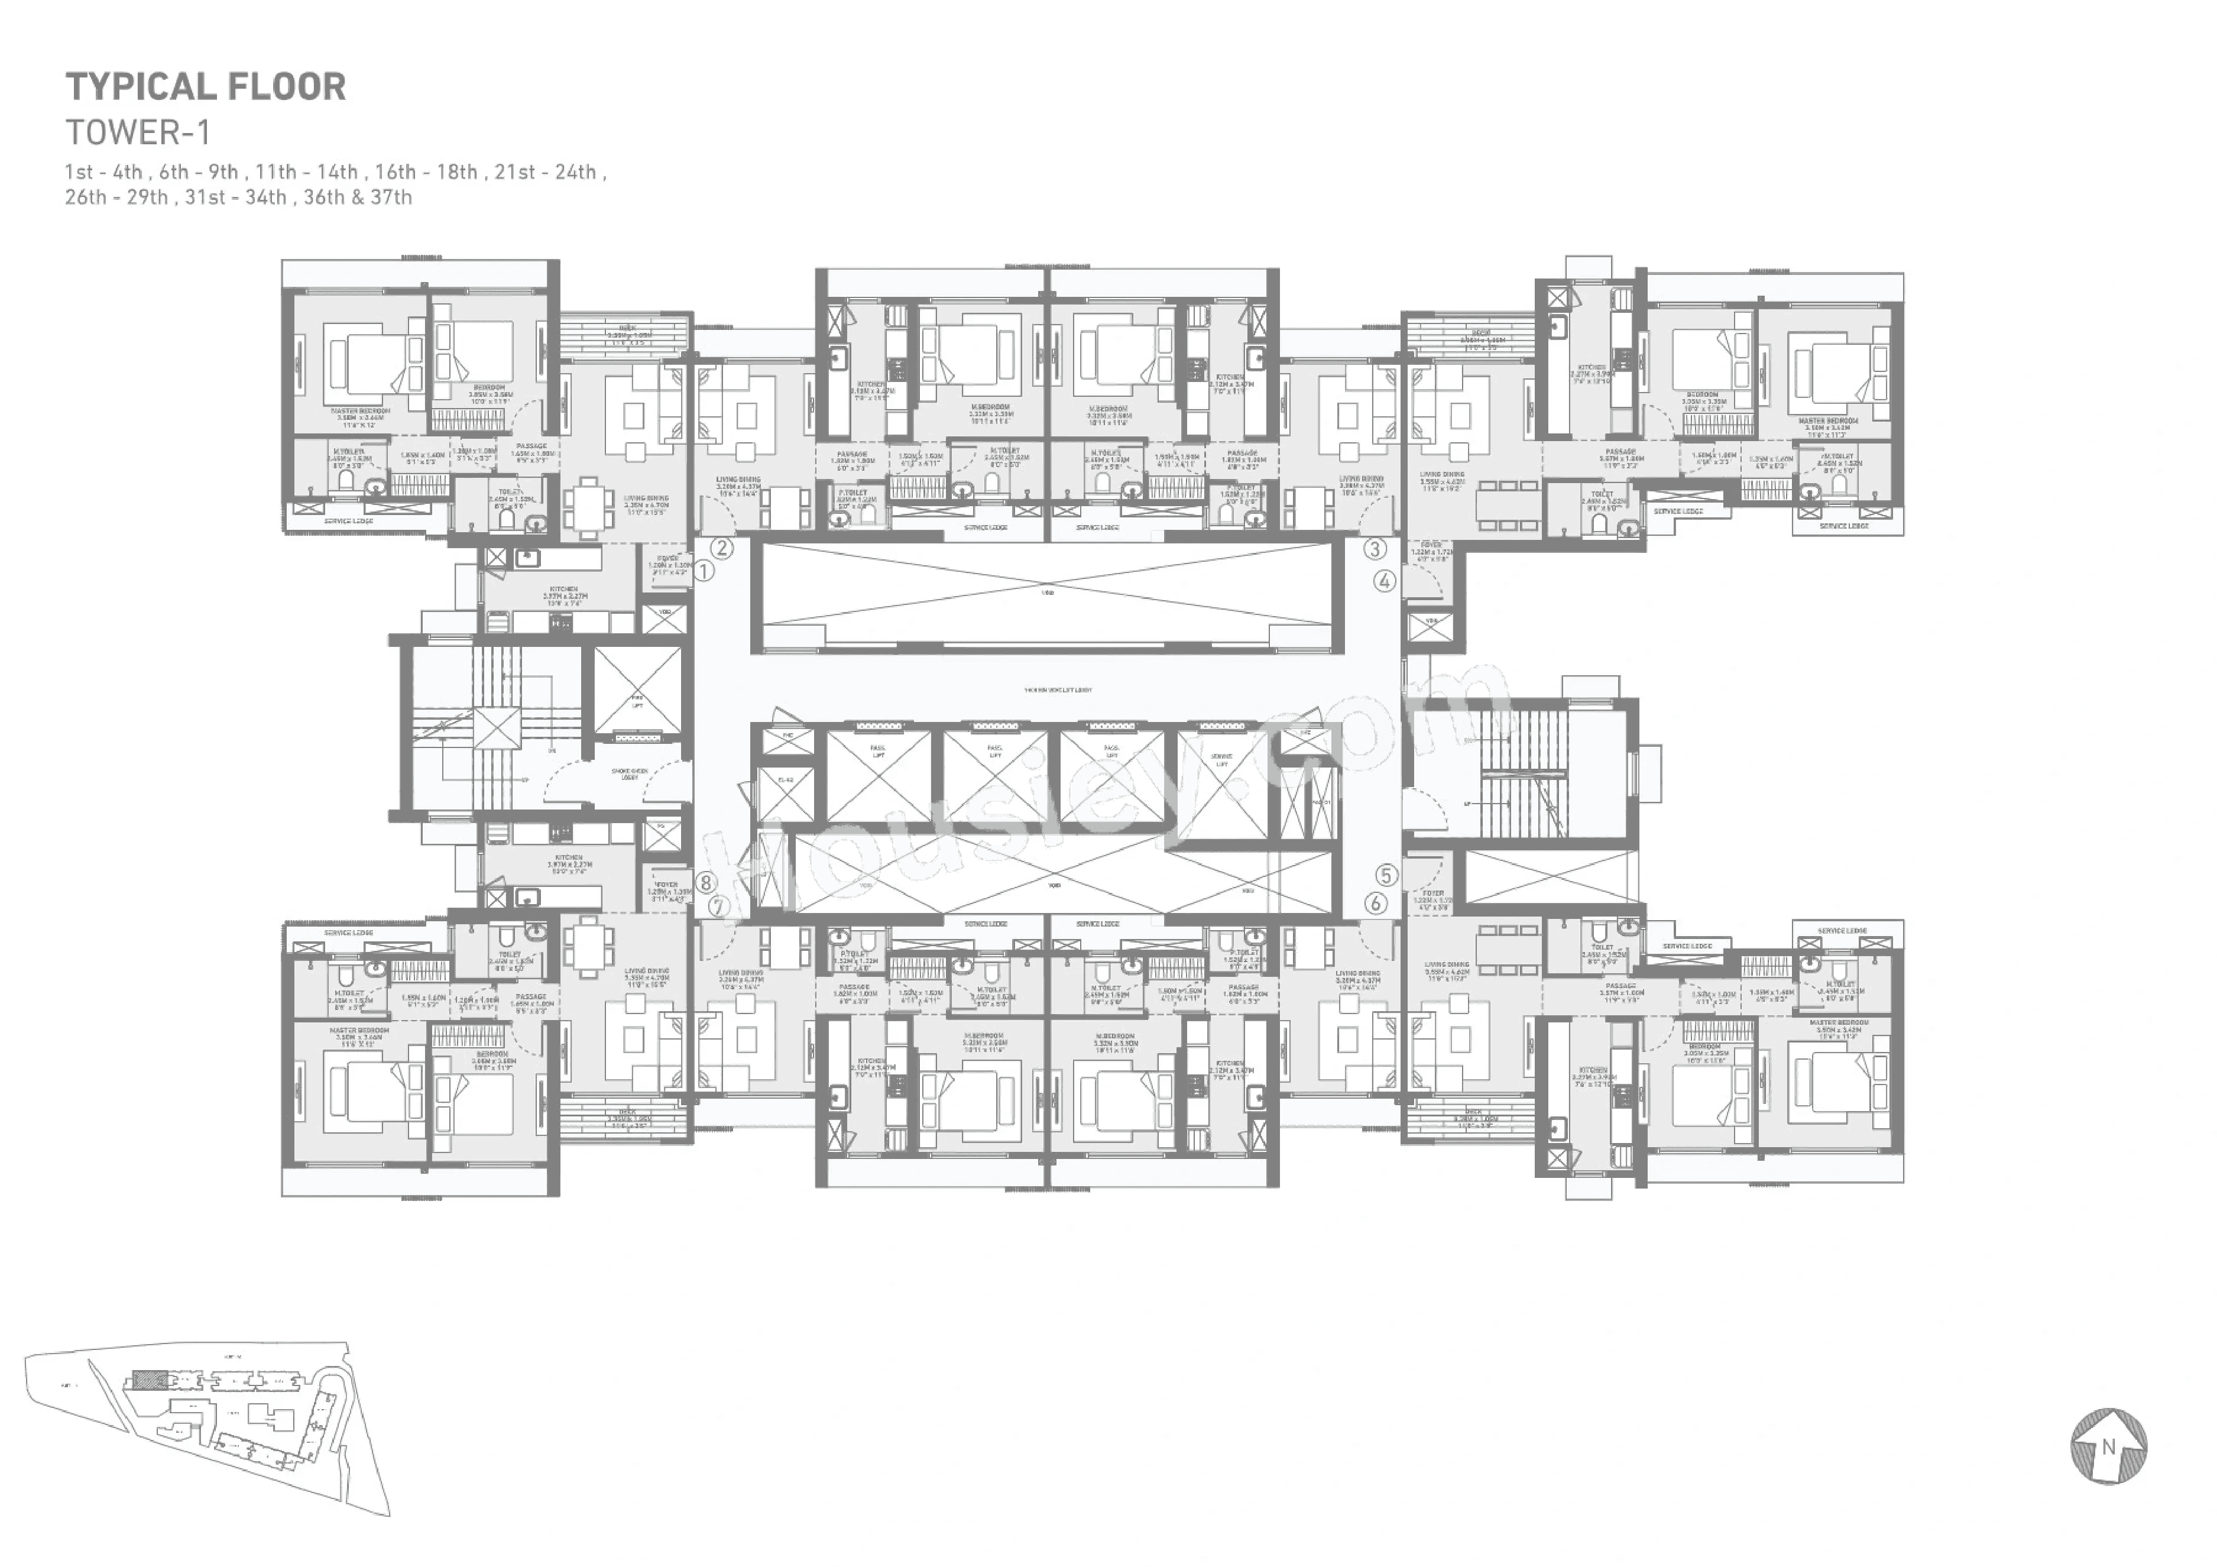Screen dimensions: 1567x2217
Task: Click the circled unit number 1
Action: [704, 571]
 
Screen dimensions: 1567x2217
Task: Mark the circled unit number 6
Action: [1375, 904]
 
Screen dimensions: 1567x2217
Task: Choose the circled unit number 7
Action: [718, 906]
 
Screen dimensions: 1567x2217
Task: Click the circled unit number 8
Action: [706, 882]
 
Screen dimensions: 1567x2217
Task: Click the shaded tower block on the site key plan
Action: [148, 1379]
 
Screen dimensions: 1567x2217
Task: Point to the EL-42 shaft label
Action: [785, 779]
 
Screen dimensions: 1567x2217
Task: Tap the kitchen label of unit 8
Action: [568, 860]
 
